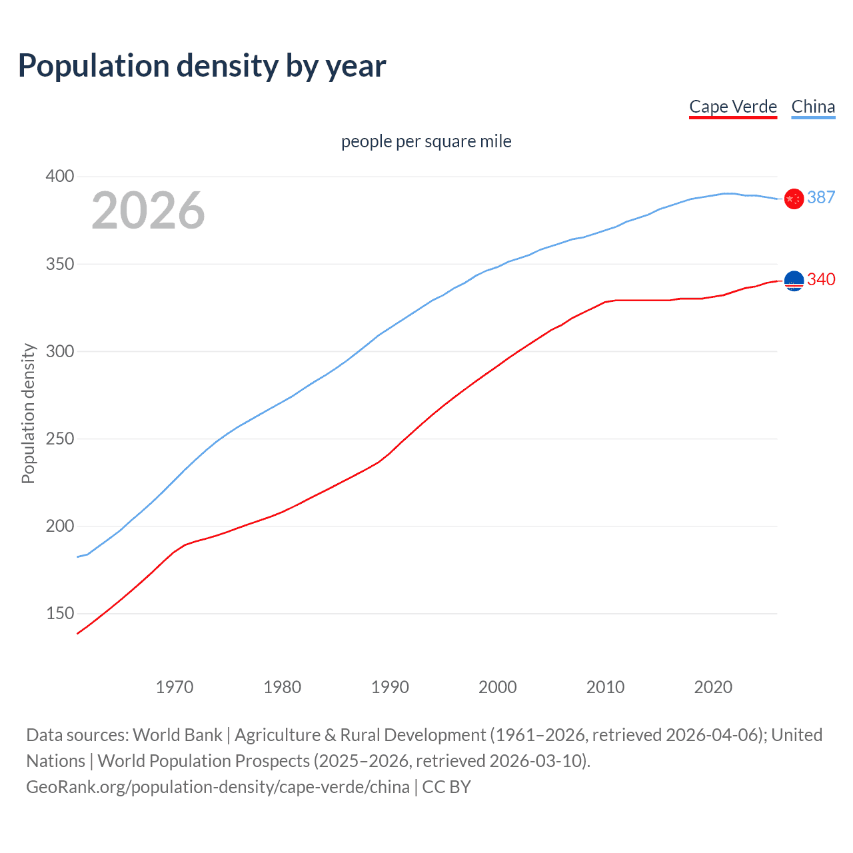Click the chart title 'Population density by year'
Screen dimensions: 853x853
(x=202, y=66)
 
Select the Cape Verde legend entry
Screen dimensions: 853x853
(x=733, y=107)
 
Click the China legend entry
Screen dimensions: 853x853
(x=813, y=107)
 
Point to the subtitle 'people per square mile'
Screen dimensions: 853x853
(x=426, y=141)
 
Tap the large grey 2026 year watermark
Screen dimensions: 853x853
(x=148, y=210)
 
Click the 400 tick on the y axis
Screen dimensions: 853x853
(x=60, y=177)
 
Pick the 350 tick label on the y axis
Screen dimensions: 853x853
(x=60, y=264)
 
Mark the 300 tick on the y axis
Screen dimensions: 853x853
(x=60, y=351)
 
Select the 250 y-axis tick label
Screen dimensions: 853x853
(x=60, y=438)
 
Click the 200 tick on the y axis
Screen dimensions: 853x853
(x=60, y=526)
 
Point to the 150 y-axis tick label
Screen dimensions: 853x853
(x=60, y=613)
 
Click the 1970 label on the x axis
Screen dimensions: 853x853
(x=175, y=687)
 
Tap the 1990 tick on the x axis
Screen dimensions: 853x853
(x=390, y=687)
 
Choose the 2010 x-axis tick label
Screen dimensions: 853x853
(x=605, y=687)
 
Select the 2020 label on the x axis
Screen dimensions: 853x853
(x=713, y=687)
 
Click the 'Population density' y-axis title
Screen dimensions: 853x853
(x=28, y=413)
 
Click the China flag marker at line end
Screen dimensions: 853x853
(x=794, y=199)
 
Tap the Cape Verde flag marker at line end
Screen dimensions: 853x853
(x=794, y=281)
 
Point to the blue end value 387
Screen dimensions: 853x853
(x=821, y=197)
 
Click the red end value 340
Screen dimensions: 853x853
(x=821, y=279)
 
